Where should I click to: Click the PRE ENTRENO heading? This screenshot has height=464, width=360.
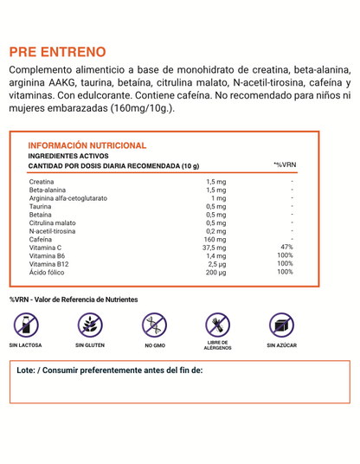[x=58, y=53]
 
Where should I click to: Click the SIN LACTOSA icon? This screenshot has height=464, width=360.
[x=27, y=325]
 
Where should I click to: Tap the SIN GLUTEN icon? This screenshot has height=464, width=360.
[x=89, y=325]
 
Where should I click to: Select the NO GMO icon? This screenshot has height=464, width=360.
[x=154, y=325]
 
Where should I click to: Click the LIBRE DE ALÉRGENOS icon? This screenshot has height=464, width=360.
[x=217, y=325]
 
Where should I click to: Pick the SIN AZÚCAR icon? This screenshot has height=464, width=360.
[x=282, y=325]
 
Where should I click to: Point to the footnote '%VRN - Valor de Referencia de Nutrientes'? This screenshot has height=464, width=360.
[x=74, y=300]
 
